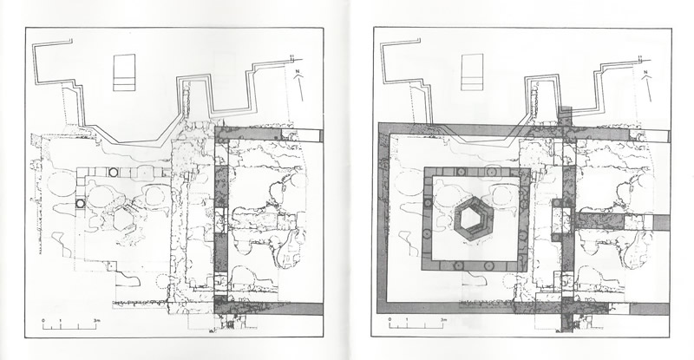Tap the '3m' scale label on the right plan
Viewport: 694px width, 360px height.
click(445, 322)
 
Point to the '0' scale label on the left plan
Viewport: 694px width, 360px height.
click(43, 322)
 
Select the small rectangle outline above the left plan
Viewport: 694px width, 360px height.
click(126, 71)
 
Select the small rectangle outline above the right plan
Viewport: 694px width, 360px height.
click(472, 71)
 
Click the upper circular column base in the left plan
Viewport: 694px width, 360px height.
click(113, 173)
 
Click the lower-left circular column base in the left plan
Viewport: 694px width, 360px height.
click(80, 204)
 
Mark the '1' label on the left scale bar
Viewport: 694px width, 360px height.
click(60, 322)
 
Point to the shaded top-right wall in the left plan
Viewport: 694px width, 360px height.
click(269, 135)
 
